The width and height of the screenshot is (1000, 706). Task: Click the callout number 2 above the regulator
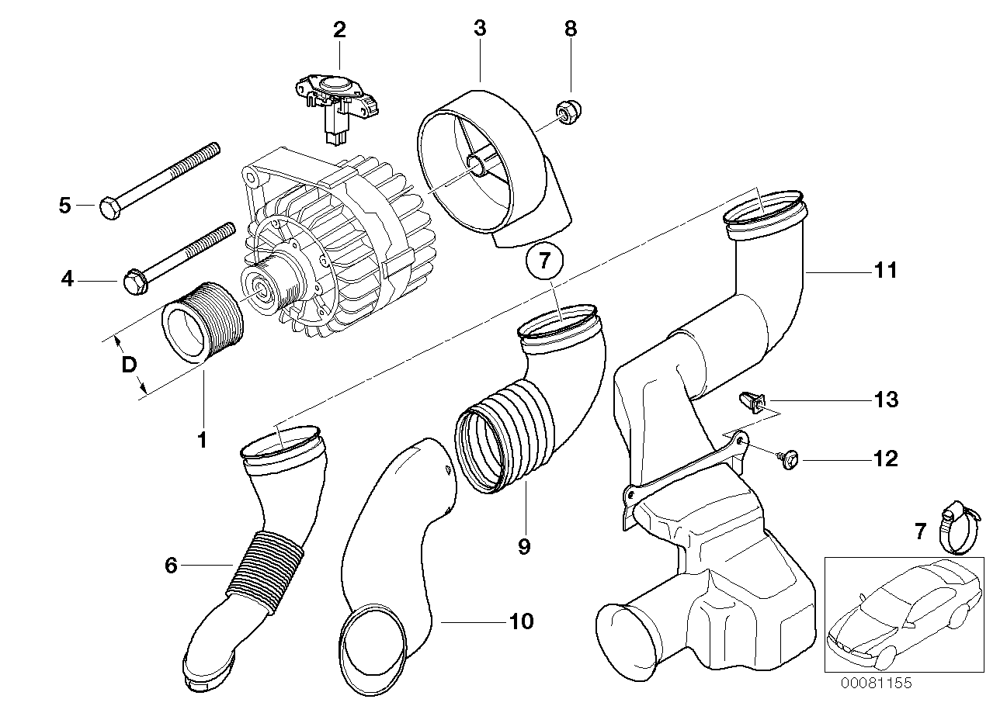(x=339, y=30)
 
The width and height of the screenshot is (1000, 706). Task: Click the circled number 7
(x=543, y=261)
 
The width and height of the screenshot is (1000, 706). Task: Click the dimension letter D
(x=129, y=364)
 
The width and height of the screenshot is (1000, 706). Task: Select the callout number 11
(x=886, y=270)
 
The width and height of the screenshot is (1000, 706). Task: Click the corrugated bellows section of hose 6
(x=265, y=572)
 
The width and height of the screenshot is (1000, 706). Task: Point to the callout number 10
(x=522, y=621)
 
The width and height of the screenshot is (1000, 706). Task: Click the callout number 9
(x=524, y=547)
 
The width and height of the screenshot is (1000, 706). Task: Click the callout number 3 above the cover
(x=480, y=29)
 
